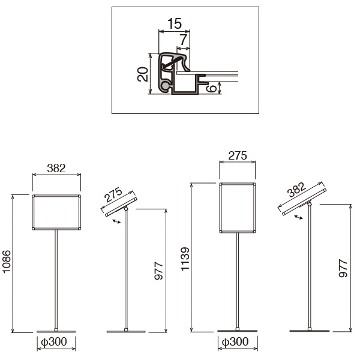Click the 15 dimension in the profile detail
(175, 23)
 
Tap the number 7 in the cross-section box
(183, 40)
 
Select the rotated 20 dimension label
(143, 74)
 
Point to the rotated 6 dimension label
(212, 88)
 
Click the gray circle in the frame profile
(165, 86)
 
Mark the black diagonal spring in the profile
(171, 62)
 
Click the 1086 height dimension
(7, 262)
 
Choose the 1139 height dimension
(185, 259)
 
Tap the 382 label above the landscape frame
(56, 168)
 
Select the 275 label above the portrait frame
(238, 155)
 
